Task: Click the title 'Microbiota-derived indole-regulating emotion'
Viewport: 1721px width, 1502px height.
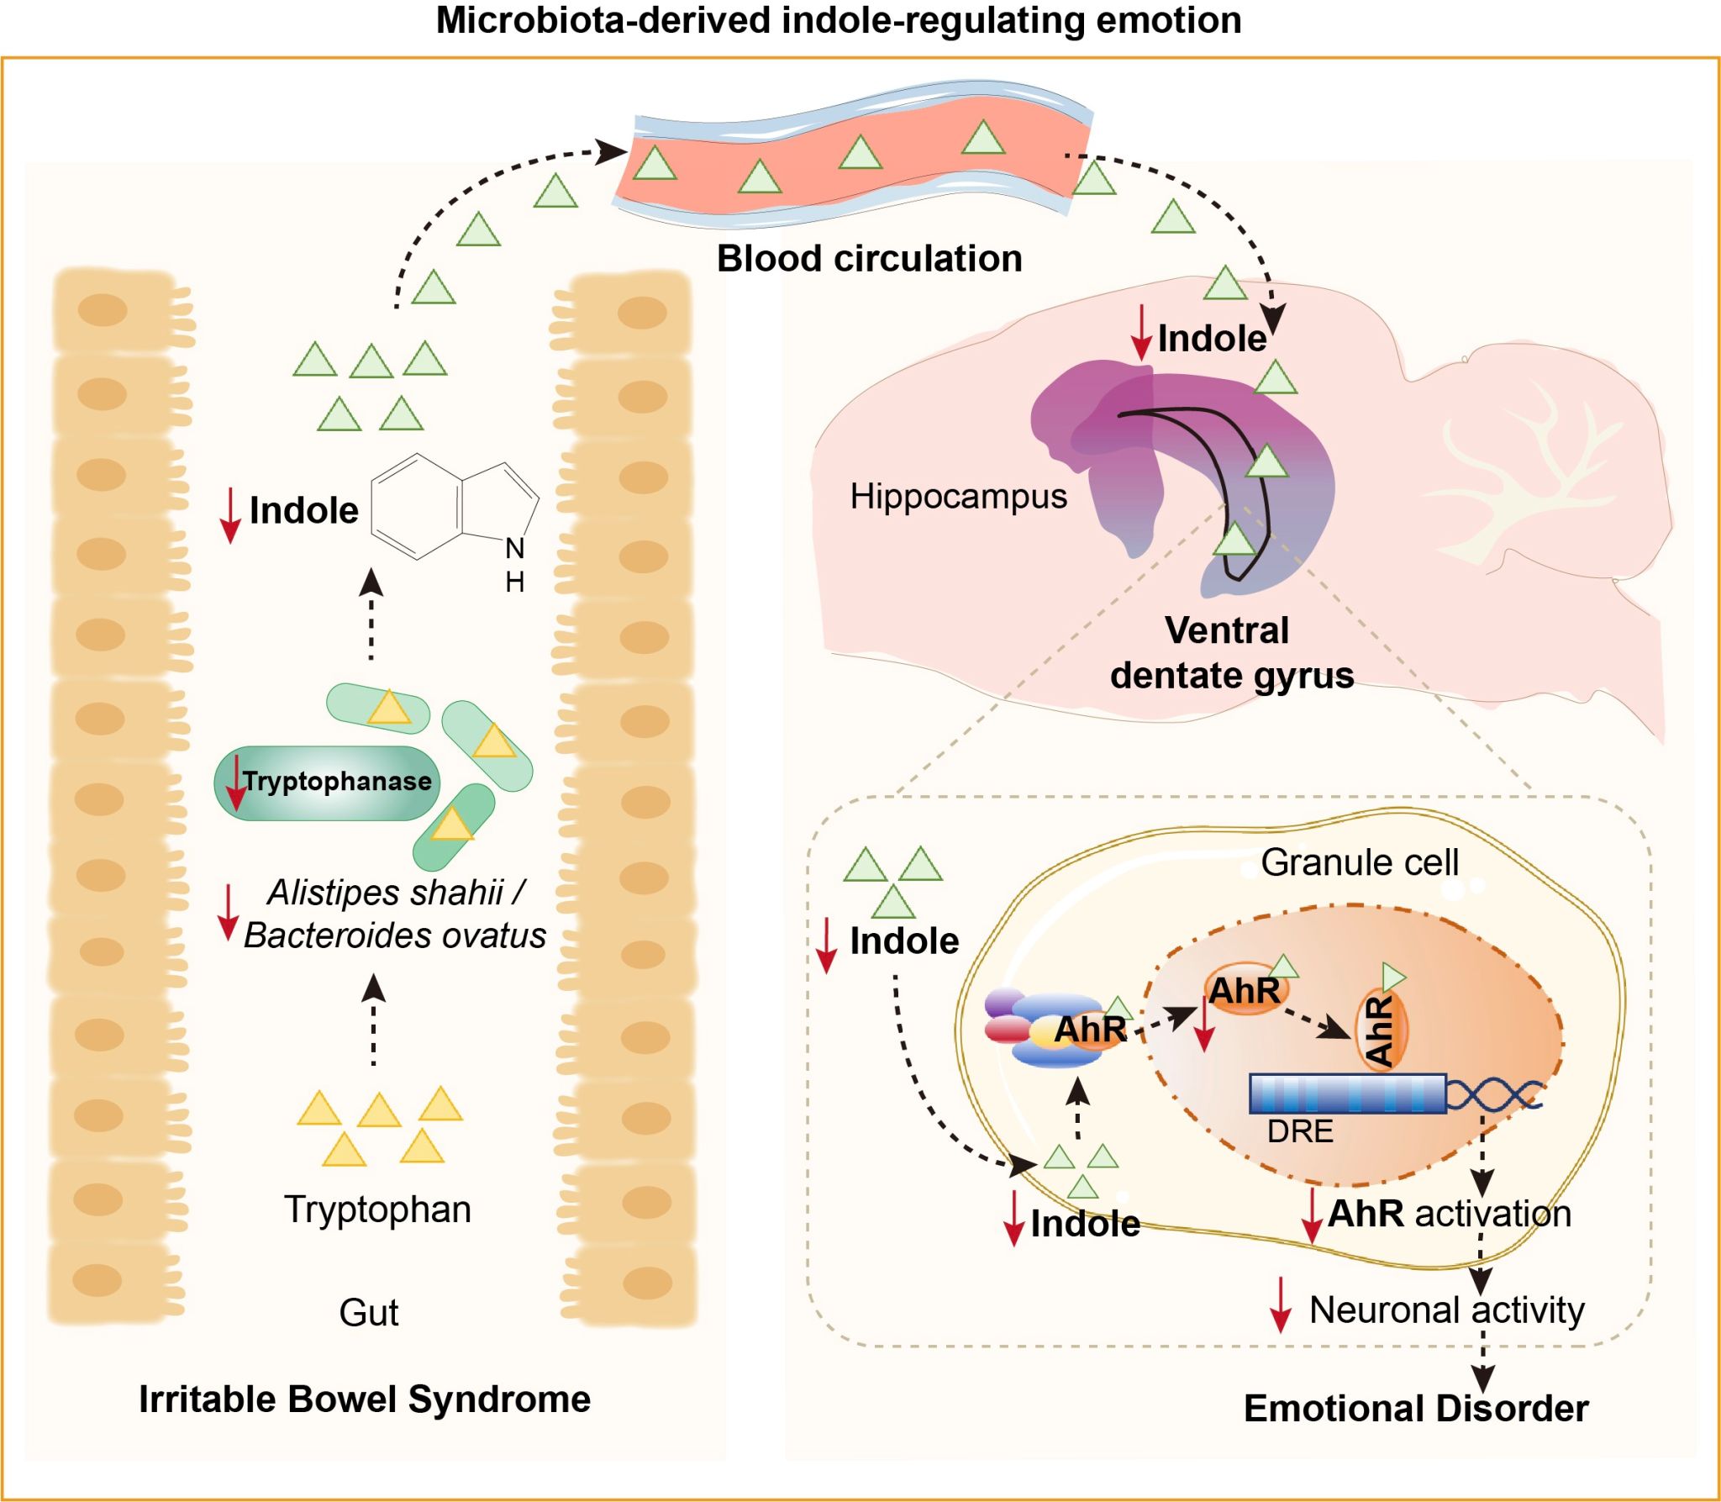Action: pos(838,20)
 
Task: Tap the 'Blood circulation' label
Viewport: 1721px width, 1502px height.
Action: pos(869,259)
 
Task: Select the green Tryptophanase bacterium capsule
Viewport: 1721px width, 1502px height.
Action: pos(327,783)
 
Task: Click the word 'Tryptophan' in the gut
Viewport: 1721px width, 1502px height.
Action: pos(377,1210)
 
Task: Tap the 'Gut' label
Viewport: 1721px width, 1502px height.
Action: pos(368,1312)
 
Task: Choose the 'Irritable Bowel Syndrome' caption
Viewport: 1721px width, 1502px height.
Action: pos(365,1399)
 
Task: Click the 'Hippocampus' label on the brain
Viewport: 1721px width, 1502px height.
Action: pos(958,496)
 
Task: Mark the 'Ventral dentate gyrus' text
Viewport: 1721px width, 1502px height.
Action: pos(1231,653)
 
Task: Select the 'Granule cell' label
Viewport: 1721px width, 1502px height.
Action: pos(1360,862)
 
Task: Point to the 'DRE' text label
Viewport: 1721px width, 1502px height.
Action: pos(1300,1131)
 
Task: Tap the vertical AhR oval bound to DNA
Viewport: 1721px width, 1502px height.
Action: pos(1381,1030)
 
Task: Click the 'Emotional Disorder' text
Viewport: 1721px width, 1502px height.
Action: pos(1416,1409)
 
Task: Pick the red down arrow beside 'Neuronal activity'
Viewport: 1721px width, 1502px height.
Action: pos(1280,1304)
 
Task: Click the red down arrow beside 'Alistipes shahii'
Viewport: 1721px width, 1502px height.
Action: pos(228,912)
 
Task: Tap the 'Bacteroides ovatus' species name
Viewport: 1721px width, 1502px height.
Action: pos(395,935)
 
